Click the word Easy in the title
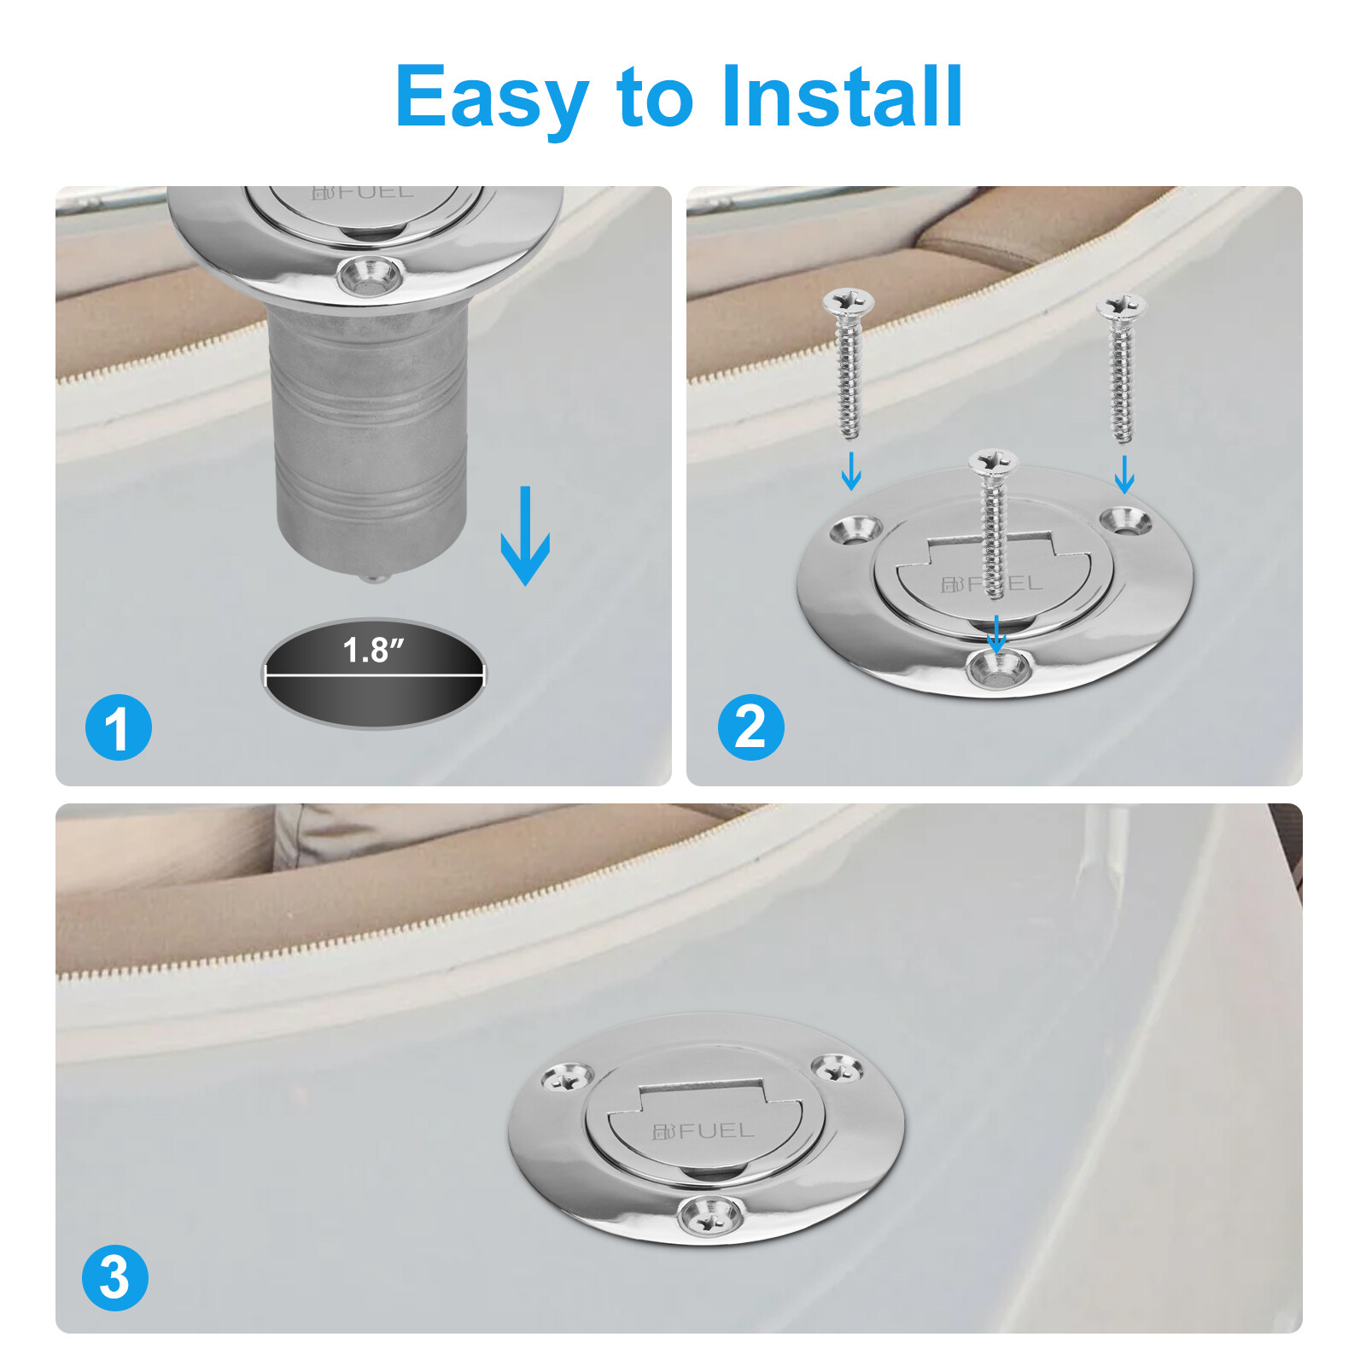(492, 99)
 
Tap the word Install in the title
(842, 96)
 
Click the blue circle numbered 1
(119, 727)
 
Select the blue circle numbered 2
(750, 727)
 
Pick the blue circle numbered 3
(115, 1278)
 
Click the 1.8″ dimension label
(373, 650)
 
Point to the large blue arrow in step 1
(525, 535)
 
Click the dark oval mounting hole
(374, 674)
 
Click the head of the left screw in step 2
(848, 301)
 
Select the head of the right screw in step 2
(1122, 306)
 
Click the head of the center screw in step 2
(993, 463)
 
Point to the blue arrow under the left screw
(851, 470)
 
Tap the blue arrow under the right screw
(1124, 475)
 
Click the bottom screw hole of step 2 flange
(997, 668)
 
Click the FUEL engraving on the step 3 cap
(703, 1131)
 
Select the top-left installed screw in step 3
(568, 1078)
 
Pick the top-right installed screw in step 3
(836, 1068)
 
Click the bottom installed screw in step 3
(710, 1215)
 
